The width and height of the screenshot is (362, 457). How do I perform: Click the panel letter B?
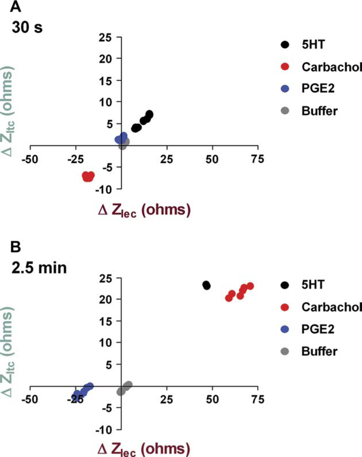pos(16,247)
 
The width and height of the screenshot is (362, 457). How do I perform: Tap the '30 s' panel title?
pos(27,27)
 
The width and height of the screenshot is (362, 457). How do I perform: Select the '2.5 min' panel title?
pos(39,268)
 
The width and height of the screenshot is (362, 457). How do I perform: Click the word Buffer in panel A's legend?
pos(320,111)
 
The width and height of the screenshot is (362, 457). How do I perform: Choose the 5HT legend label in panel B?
pos(313,285)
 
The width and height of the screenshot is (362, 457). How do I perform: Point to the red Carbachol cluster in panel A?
pos(88,177)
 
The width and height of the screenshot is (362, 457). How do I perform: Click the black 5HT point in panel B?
pos(206,285)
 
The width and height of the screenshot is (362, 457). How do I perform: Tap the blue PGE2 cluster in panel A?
pos(121,138)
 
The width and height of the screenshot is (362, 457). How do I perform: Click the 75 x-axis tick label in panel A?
pos(258,159)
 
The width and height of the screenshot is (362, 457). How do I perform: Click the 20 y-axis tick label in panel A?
pos(105,58)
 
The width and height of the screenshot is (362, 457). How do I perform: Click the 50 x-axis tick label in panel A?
pos(212,159)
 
